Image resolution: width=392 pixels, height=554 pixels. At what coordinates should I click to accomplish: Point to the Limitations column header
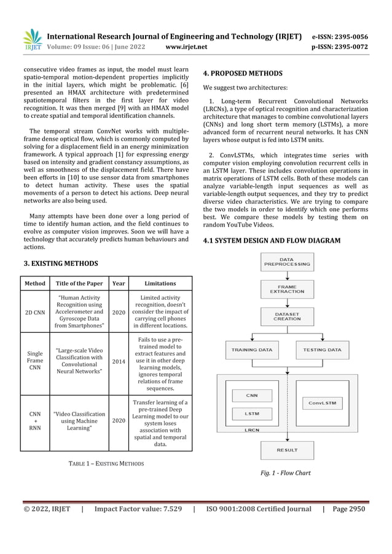click(160, 283)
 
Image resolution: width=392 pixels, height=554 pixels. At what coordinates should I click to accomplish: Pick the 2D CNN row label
click(34, 312)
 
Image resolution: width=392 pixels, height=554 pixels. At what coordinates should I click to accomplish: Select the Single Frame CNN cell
click(35, 362)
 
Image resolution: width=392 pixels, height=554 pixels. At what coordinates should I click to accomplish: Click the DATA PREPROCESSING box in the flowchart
click(286, 263)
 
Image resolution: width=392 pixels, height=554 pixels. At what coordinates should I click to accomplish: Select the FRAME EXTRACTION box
click(286, 288)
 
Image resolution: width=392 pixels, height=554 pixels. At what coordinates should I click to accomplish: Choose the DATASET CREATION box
click(286, 316)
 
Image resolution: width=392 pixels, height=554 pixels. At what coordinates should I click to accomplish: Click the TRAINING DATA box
click(252, 349)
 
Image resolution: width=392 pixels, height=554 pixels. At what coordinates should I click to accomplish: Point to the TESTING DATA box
click(322, 349)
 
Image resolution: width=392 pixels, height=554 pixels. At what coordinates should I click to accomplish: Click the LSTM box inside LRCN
click(252, 413)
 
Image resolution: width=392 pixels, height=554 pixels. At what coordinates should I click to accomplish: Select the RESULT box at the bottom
click(286, 450)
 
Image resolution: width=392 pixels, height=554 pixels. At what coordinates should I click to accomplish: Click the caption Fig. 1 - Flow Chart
click(286, 474)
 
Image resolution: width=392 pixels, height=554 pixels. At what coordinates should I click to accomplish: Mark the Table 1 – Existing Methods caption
click(106, 462)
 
